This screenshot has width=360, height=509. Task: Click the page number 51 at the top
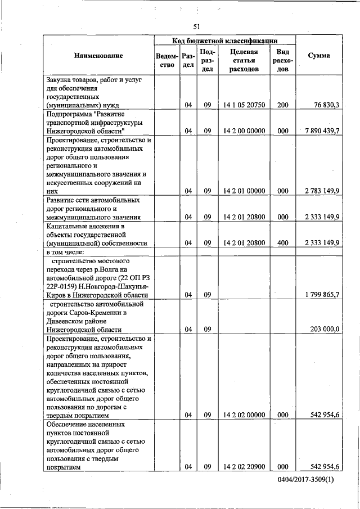197,26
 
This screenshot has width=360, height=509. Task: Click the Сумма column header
319,56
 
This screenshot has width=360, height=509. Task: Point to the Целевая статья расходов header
244,60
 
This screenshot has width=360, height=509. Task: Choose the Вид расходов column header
283,60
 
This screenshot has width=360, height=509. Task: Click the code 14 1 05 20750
244,105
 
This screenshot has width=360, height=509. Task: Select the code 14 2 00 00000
244,131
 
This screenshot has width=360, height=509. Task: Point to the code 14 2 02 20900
244,466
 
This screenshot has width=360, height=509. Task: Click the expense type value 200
283,105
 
